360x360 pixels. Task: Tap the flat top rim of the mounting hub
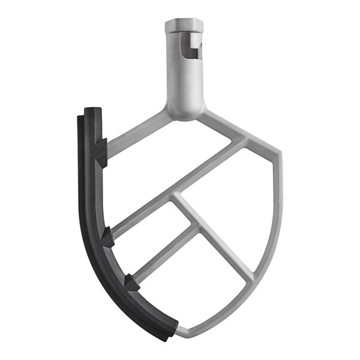[184, 24]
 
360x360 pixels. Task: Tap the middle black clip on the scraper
[108, 238]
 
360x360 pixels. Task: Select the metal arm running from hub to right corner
[231, 128]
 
